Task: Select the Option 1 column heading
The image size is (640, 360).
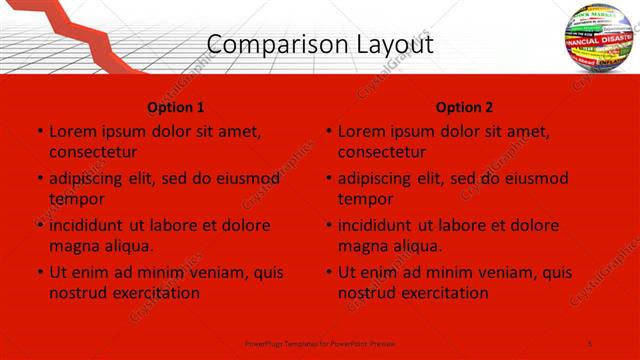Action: [176, 107]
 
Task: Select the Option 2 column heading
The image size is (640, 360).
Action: [465, 107]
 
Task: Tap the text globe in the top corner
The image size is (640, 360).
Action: [601, 41]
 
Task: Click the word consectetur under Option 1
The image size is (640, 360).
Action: [93, 151]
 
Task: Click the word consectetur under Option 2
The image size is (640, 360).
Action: [382, 151]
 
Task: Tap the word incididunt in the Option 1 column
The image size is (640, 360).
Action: [89, 225]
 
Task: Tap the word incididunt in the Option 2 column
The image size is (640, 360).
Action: [379, 225]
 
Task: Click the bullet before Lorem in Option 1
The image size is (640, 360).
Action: [38, 131]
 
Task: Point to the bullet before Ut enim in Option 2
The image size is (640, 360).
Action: [328, 272]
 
